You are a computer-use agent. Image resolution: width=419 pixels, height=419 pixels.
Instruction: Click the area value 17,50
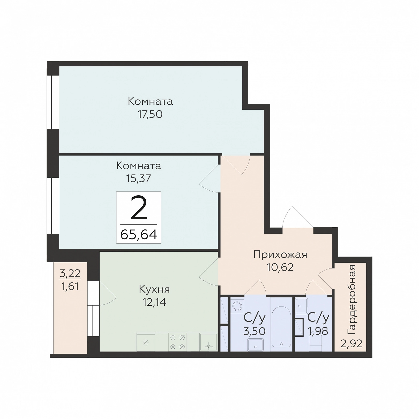click(x=150, y=114)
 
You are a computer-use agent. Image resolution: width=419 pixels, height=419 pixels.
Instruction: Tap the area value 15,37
click(x=138, y=178)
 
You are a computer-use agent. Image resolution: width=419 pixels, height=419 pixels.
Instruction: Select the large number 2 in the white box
click(x=139, y=208)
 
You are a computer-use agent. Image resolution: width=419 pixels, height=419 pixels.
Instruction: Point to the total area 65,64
click(x=139, y=235)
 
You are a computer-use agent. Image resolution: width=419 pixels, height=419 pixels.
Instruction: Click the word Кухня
click(x=154, y=289)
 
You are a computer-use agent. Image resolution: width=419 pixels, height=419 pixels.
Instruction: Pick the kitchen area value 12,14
click(x=154, y=302)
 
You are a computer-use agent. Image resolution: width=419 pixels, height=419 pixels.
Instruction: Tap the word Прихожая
click(x=280, y=255)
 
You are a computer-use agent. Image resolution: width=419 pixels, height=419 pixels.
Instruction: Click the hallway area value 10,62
click(x=280, y=267)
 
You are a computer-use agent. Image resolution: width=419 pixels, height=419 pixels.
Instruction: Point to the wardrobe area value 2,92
click(x=351, y=344)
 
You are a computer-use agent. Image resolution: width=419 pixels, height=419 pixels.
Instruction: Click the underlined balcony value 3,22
click(x=70, y=273)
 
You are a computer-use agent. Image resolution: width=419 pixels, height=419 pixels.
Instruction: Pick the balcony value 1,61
click(x=70, y=287)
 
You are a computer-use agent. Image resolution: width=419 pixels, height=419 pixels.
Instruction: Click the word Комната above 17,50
click(x=150, y=101)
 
